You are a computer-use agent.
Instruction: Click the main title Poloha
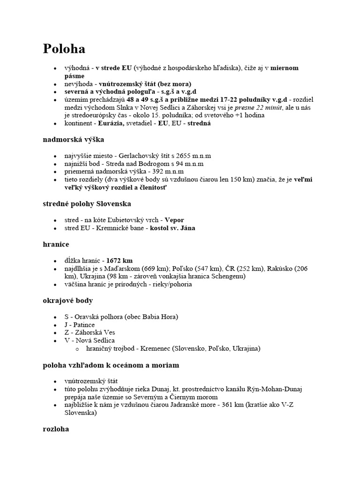pos(64,49)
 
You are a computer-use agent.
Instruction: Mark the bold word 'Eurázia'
pos(111,123)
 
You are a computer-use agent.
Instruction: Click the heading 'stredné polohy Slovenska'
pos(87,203)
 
